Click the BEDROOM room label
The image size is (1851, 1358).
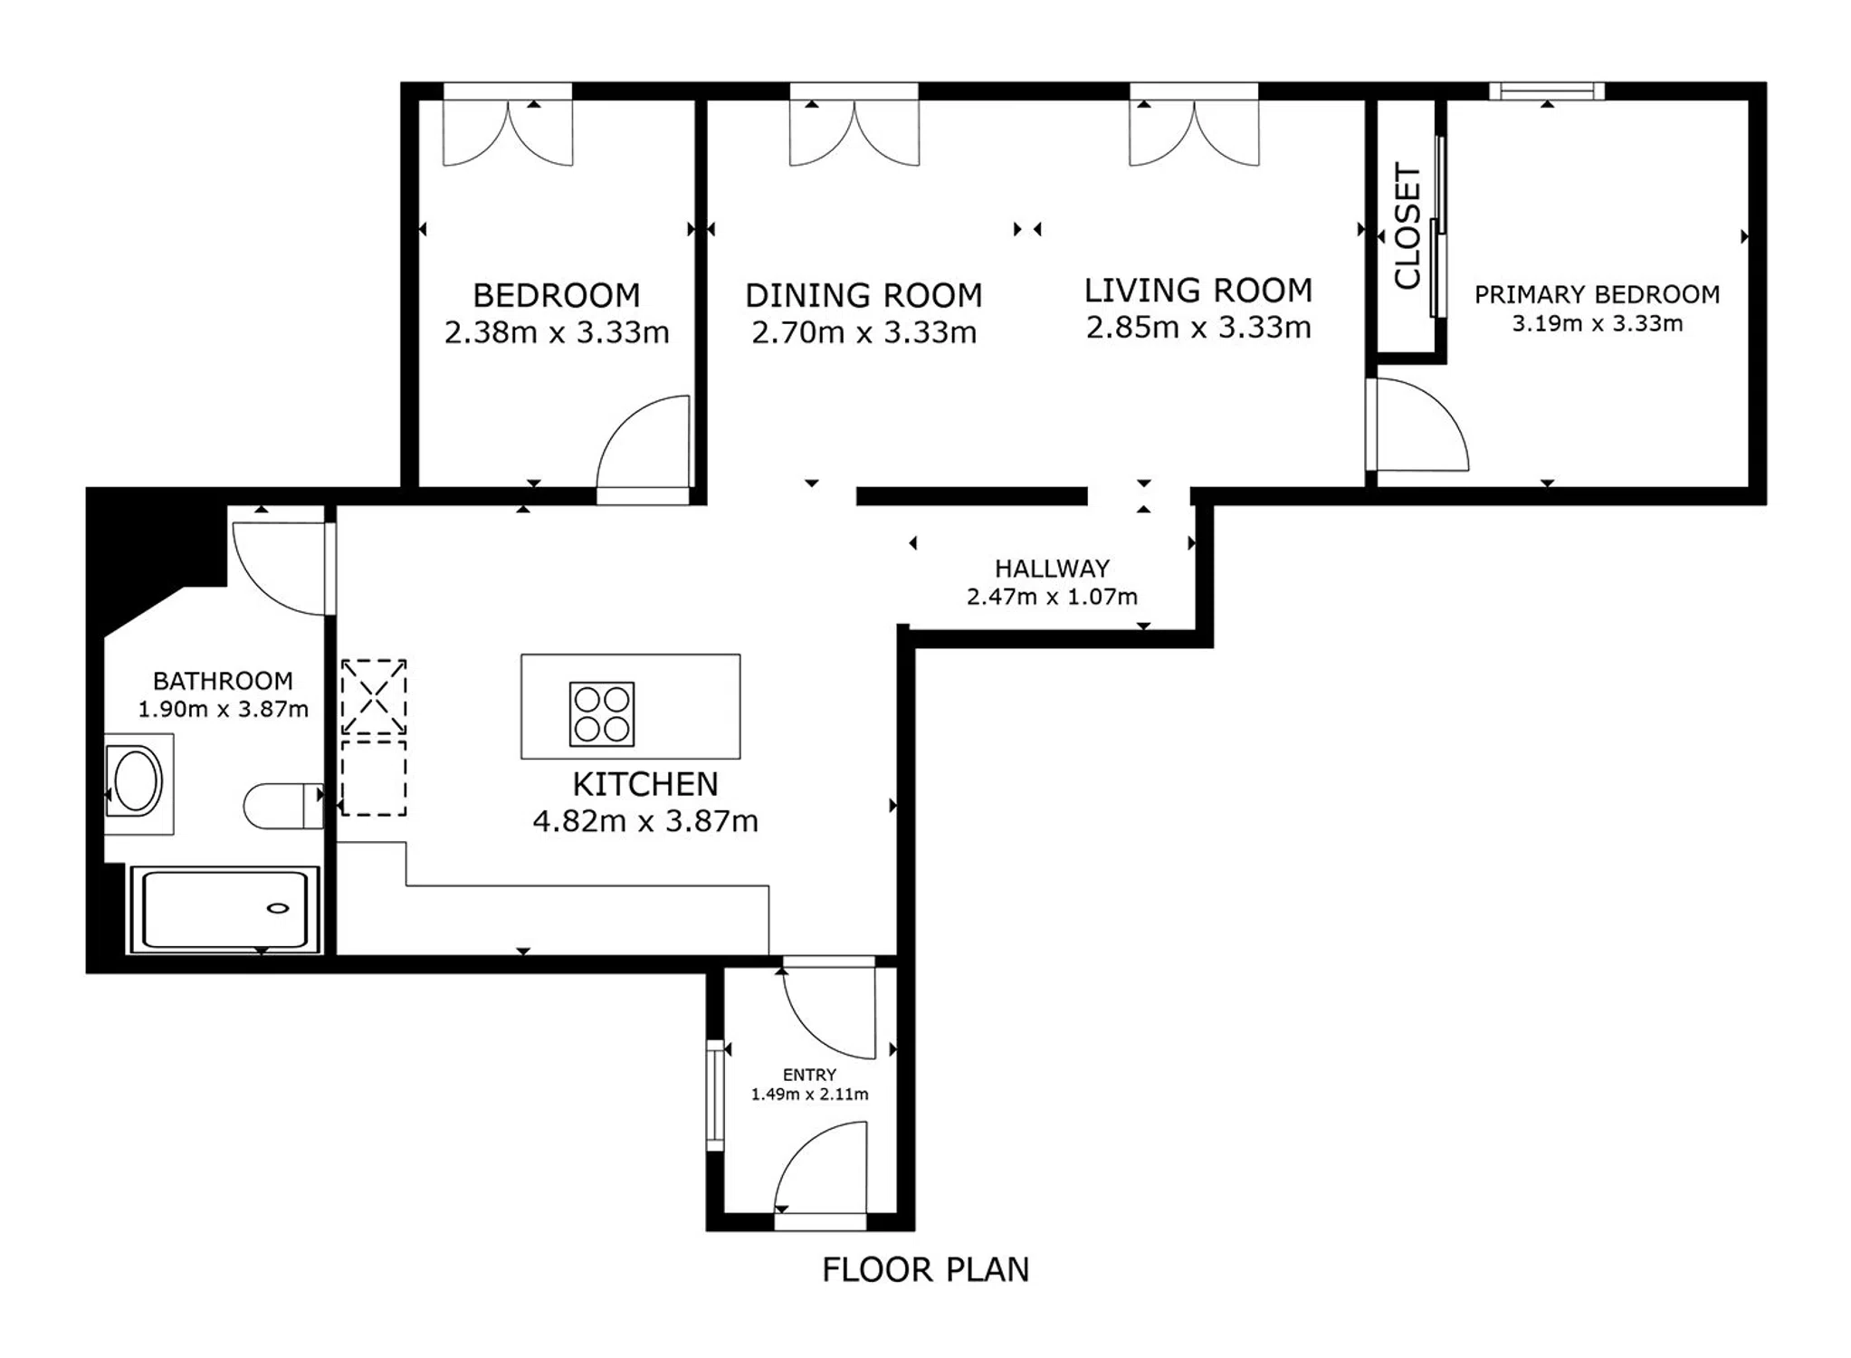click(x=557, y=295)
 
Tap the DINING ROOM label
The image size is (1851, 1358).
click(x=863, y=295)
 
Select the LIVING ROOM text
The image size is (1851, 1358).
click(x=1198, y=290)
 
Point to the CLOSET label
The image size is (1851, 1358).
click(x=1407, y=226)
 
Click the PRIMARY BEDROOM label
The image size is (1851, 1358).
click(x=1598, y=294)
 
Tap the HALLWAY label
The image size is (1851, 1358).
click(x=1052, y=569)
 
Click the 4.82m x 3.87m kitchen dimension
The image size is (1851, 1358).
click(x=645, y=821)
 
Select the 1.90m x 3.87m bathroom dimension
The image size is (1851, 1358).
click(x=223, y=709)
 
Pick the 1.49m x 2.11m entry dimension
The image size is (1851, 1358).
click(x=809, y=1095)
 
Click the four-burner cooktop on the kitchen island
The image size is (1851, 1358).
click(x=602, y=714)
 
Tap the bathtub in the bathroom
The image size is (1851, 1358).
click(x=224, y=909)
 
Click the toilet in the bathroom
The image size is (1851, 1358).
click(x=283, y=806)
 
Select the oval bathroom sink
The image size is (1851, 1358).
click(x=138, y=780)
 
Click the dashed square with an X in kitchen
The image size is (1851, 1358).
click(x=374, y=697)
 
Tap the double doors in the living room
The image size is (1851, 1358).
click(x=1194, y=132)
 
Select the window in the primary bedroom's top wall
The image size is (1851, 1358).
click(x=1547, y=91)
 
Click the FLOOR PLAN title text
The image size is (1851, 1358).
click(x=925, y=1270)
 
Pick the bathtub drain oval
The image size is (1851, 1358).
click(x=279, y=908)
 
